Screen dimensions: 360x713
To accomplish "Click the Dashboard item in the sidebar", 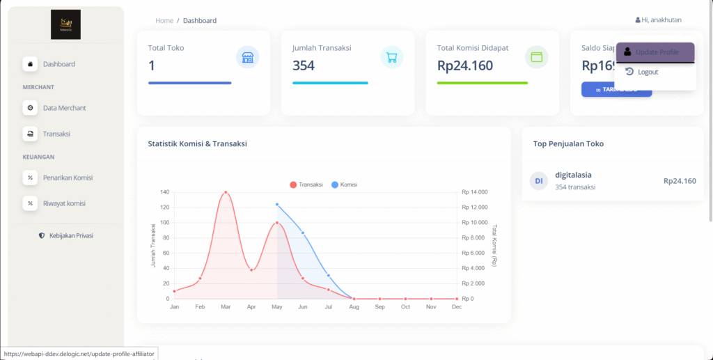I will (x=58, y=64).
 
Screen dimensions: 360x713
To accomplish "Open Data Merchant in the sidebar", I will (x=64, y=108).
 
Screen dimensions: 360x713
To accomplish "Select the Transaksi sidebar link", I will (x=56, y=134).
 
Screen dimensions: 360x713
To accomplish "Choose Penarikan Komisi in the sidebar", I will (x=68, y=178).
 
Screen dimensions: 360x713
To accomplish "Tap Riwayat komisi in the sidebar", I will (x=64, y=203).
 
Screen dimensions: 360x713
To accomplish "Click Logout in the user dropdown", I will (x=647, y=72).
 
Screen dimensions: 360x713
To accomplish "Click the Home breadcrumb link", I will (x=164, y=21).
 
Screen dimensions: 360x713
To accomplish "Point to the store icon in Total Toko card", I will (x=247, y=58).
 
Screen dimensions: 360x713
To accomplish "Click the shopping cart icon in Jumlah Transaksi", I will (x=392, y=58).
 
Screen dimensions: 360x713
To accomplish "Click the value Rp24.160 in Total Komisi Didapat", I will (x=465, y=66).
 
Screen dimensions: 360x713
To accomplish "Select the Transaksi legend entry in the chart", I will (x=306, y=185).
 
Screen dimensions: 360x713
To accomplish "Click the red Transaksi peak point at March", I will (x=225, y=192).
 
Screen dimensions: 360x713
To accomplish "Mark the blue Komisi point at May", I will (x=277, y=205).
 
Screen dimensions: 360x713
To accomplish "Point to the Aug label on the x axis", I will (x=354, y=307).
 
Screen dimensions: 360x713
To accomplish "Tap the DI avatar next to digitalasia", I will (x=538, y=181).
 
